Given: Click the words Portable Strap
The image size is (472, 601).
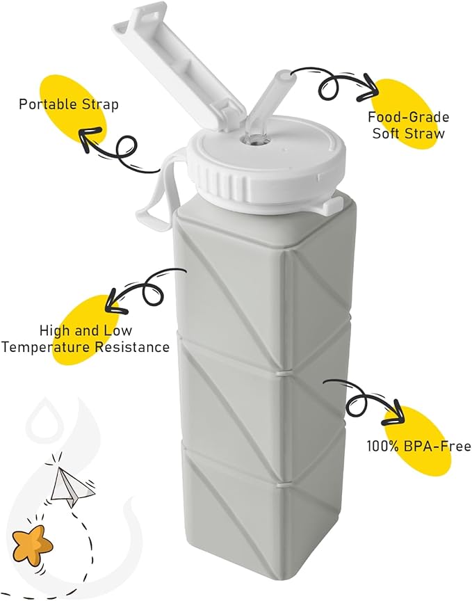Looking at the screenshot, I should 68,105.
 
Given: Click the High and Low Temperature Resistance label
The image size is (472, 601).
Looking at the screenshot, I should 85,339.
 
